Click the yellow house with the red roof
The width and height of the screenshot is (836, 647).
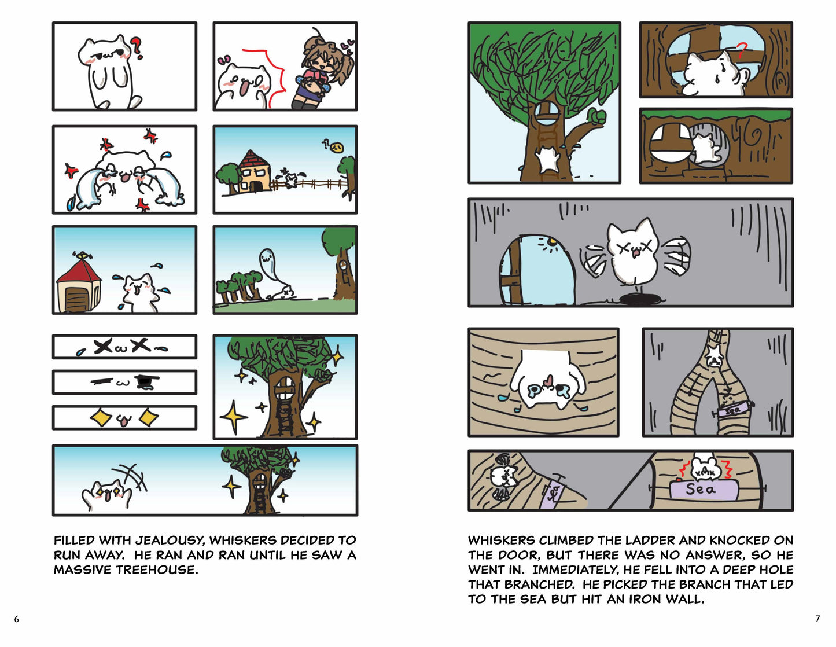[253, 172]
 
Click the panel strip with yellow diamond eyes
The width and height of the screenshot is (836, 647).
[124, 417]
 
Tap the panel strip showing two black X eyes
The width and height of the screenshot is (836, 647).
[124, 347]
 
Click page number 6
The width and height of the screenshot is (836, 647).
[17, 619]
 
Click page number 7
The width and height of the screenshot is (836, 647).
[818, 619]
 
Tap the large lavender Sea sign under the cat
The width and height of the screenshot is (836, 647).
[704, 489]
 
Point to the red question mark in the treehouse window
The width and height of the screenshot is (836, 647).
[742, 50]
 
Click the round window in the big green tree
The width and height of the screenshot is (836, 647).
[547, 113]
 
